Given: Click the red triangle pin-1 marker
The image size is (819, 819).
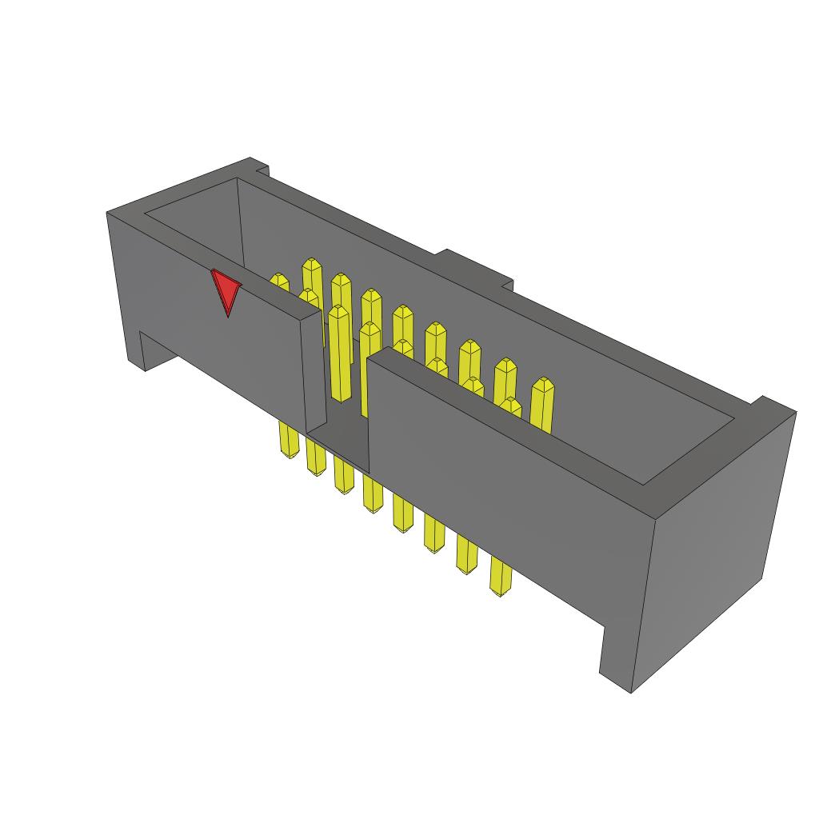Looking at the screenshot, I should pos(226,290).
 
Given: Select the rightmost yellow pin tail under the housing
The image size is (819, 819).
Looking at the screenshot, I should pos(501,577).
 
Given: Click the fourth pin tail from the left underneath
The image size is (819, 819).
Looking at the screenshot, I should pos(372,493).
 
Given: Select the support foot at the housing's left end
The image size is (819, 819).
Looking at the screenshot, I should pos(144,352).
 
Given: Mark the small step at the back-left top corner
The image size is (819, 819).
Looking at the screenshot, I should pos(259,167).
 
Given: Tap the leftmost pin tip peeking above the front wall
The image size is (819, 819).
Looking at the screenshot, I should pos(279,282).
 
